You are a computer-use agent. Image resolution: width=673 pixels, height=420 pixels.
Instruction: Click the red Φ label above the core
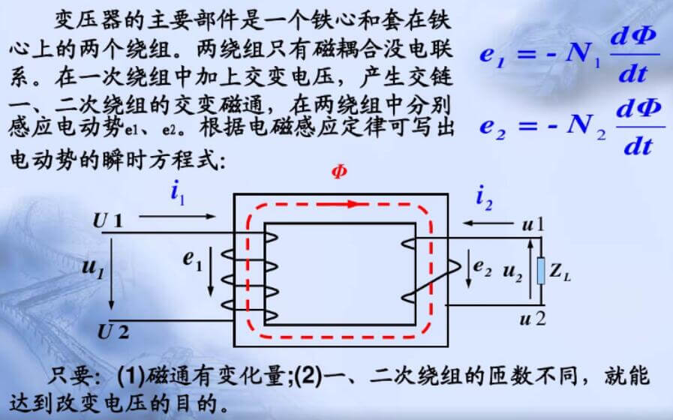click(339, 172)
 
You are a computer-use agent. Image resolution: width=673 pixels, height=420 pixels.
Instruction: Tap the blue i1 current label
click(177, 193)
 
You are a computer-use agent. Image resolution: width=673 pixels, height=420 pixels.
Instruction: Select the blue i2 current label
click(484, 198)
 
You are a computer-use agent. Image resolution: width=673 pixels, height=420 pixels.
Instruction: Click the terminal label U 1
click(108, 221)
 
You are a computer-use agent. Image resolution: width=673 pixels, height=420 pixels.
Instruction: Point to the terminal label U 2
click(113, 332)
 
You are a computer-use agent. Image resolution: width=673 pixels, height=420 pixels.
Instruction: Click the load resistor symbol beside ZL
click(541, 271)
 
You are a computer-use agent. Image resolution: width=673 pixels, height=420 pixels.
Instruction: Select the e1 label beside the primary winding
click(192, 259)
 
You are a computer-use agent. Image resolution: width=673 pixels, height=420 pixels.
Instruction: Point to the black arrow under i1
click(177, 217)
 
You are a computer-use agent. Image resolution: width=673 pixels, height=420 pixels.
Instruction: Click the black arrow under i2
click(488, 223)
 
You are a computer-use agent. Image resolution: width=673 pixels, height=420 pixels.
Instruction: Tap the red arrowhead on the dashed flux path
click(353, 204)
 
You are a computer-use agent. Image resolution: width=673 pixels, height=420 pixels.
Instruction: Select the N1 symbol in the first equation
click(583, 55)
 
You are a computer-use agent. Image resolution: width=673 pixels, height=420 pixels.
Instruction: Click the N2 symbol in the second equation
click(586, 126)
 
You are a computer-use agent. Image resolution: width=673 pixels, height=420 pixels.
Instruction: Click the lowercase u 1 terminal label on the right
click(533, 225)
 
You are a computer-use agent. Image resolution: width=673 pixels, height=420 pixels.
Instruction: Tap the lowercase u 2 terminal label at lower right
click(533, 319)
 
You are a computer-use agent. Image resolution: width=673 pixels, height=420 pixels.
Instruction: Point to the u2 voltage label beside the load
click(512, 272)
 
